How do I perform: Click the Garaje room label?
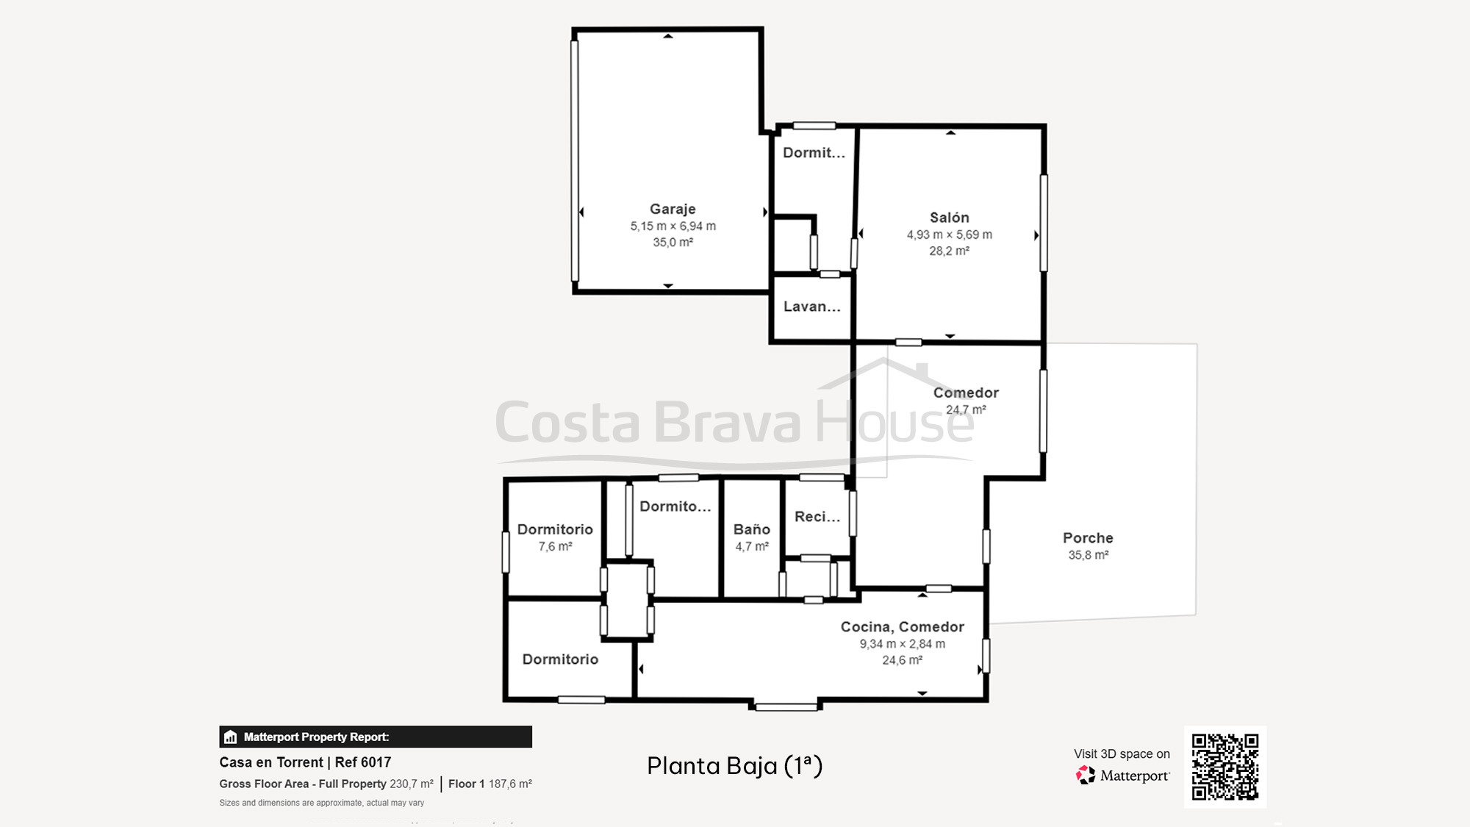coord(672,210)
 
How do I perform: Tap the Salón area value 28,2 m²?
coord(949,251)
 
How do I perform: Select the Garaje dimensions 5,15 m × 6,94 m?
coord(673,226)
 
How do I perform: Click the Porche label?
coord(1088,538)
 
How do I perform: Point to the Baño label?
coord(751,529)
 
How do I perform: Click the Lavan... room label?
coord(811,307)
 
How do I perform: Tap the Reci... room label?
coord(817,517)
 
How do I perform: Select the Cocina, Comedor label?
coord(902,627)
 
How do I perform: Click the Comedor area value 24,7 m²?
coord(965,410)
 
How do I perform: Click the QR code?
coord(1225,767)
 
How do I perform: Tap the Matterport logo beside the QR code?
coord(1123,776)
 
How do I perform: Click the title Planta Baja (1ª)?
coord(734,766)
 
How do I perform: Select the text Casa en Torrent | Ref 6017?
coord(305,762)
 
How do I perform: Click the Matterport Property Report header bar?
coord(375,737)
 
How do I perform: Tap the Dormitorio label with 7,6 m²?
coord(555,529)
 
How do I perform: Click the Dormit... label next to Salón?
coord(813,153)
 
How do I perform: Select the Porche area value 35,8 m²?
coord(1088,556)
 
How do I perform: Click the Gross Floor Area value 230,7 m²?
coord(411,784)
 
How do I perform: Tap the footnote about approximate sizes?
coord(321,803)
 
